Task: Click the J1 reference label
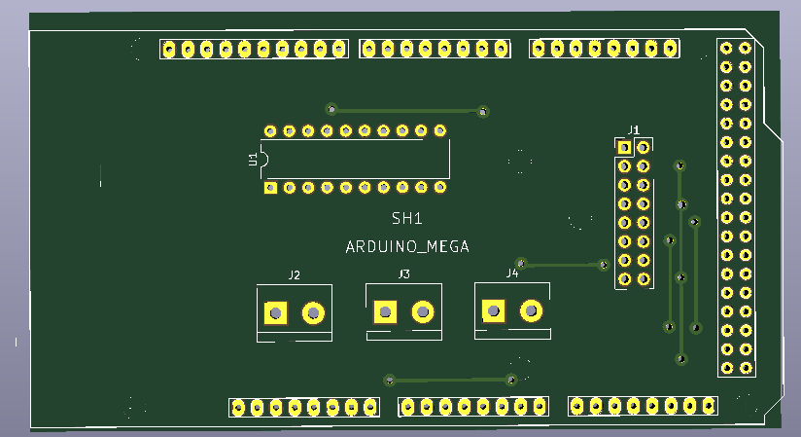(634, 128)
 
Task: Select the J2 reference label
(294, 275)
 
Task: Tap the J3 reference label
(403, 274)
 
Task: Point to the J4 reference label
(511, 273)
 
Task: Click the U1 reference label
(253, 159)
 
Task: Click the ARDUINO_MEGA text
(407, 247)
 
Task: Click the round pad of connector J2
(313, 312)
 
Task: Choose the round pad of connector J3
(423, 311)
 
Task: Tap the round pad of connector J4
(532, 310)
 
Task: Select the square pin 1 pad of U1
(272, 187)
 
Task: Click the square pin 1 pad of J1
(625, 148)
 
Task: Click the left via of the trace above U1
(331, 109)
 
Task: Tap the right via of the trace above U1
(483, 112)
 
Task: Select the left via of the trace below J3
(390, 380)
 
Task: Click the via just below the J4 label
(521, 263)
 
